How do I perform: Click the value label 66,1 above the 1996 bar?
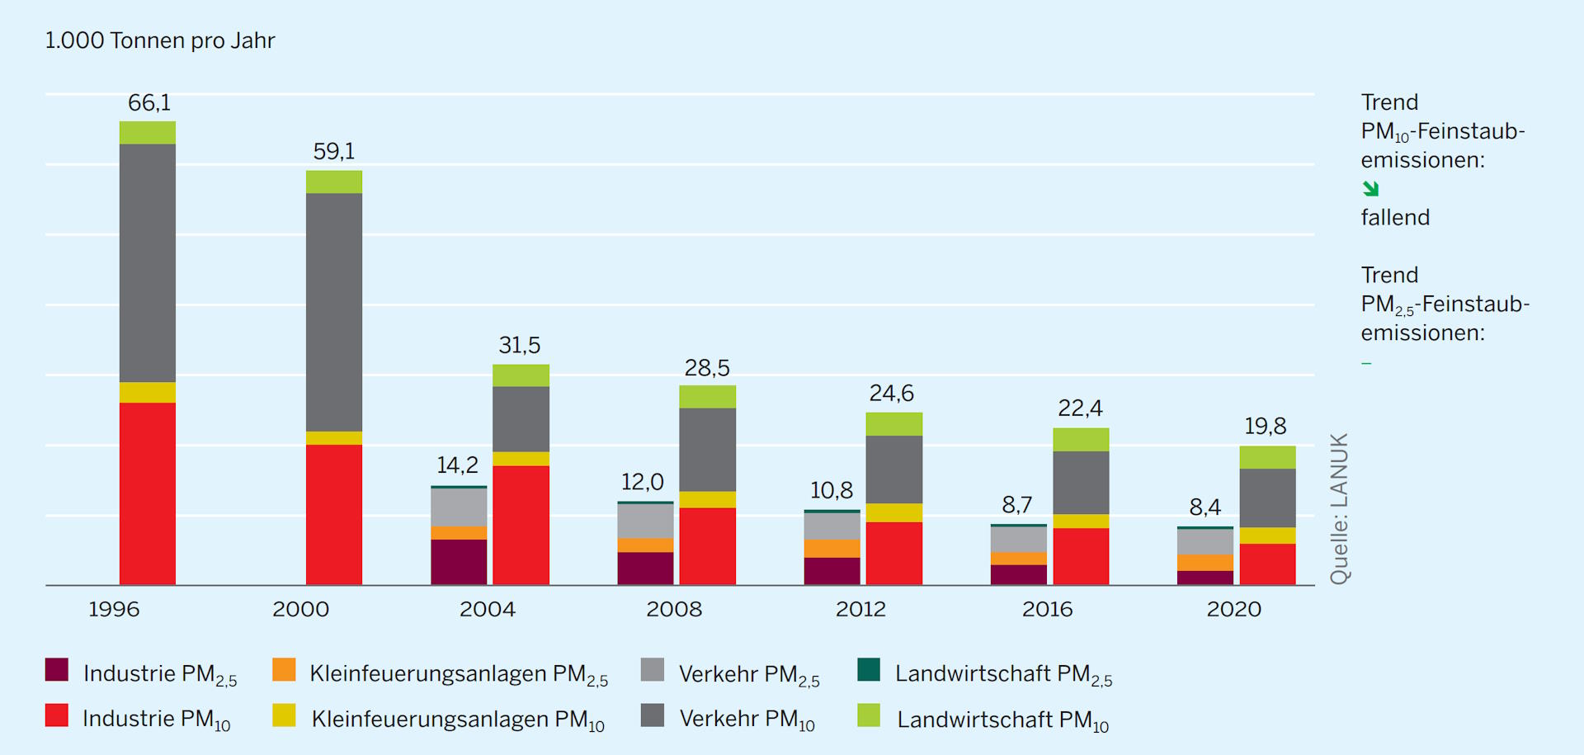coord(149,103)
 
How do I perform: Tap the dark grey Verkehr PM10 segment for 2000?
coord(334,312)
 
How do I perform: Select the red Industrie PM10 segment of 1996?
coord(148,493)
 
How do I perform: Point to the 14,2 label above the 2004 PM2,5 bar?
coord(457,465)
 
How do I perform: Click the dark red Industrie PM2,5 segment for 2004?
coord(459,562)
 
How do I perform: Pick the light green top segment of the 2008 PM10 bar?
coord(707,397)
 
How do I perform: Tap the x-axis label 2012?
coord(860,610)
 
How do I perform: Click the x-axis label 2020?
coord(1233,610)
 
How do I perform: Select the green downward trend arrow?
coord(1370,189)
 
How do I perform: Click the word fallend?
coord(1395,218)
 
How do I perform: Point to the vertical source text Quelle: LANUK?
coord(1339,508)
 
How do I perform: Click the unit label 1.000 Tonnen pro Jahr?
coord(160,40)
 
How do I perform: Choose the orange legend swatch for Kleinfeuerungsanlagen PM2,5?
coord(284,669)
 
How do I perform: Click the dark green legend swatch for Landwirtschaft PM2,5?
coord(869,669)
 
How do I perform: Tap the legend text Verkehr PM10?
coord(747,719)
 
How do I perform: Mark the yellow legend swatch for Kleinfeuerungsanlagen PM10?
coord(284,715)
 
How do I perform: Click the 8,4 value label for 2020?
coord(1204,507)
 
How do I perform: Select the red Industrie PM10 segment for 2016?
coord(1081,556)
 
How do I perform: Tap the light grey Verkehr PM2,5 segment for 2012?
coord(832,526)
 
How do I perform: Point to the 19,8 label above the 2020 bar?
coord(1265,427)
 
